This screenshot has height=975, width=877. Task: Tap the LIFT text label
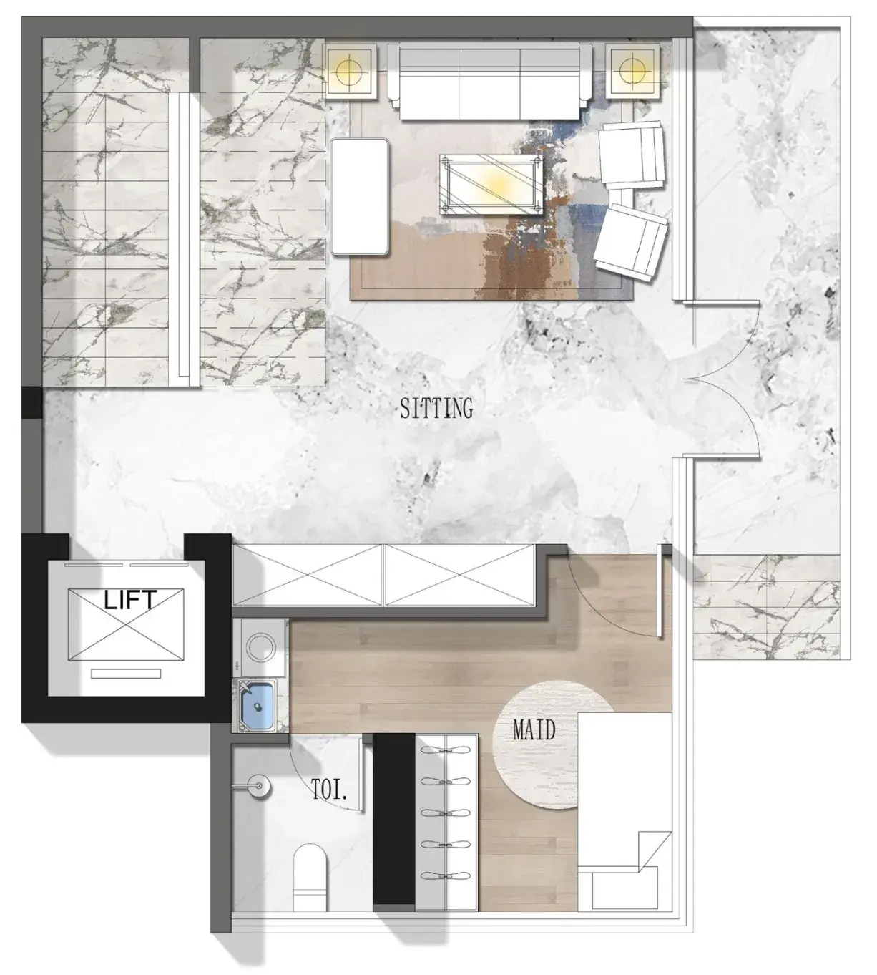130,600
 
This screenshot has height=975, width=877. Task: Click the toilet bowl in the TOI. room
310,873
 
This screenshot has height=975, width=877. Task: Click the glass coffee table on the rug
491,184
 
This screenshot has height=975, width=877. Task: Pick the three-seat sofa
490,81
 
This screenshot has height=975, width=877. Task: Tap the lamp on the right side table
632,71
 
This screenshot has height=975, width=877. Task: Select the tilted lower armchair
631,241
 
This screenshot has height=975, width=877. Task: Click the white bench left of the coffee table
360,197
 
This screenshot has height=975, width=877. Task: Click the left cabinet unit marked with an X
308,575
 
